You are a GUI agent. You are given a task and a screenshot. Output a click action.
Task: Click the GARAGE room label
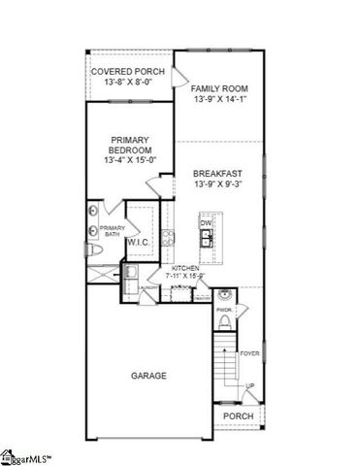coord(148,375)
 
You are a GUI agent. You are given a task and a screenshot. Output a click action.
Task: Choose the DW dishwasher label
coord(206,223)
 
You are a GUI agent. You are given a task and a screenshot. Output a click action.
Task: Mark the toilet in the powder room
coord(225,322)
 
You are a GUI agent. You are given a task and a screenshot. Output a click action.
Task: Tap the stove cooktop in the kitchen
coord(168,238)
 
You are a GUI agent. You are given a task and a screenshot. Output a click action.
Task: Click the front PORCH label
coord(239,416)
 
